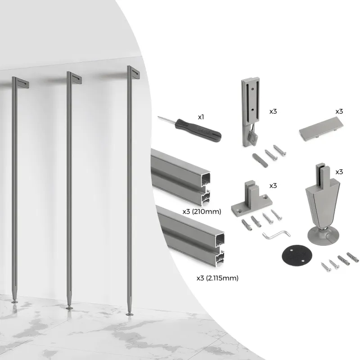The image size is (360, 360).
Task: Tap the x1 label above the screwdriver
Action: [201, 117]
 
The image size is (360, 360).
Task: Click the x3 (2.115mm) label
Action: [217, 278]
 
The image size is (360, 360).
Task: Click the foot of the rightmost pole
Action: [130, 312]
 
